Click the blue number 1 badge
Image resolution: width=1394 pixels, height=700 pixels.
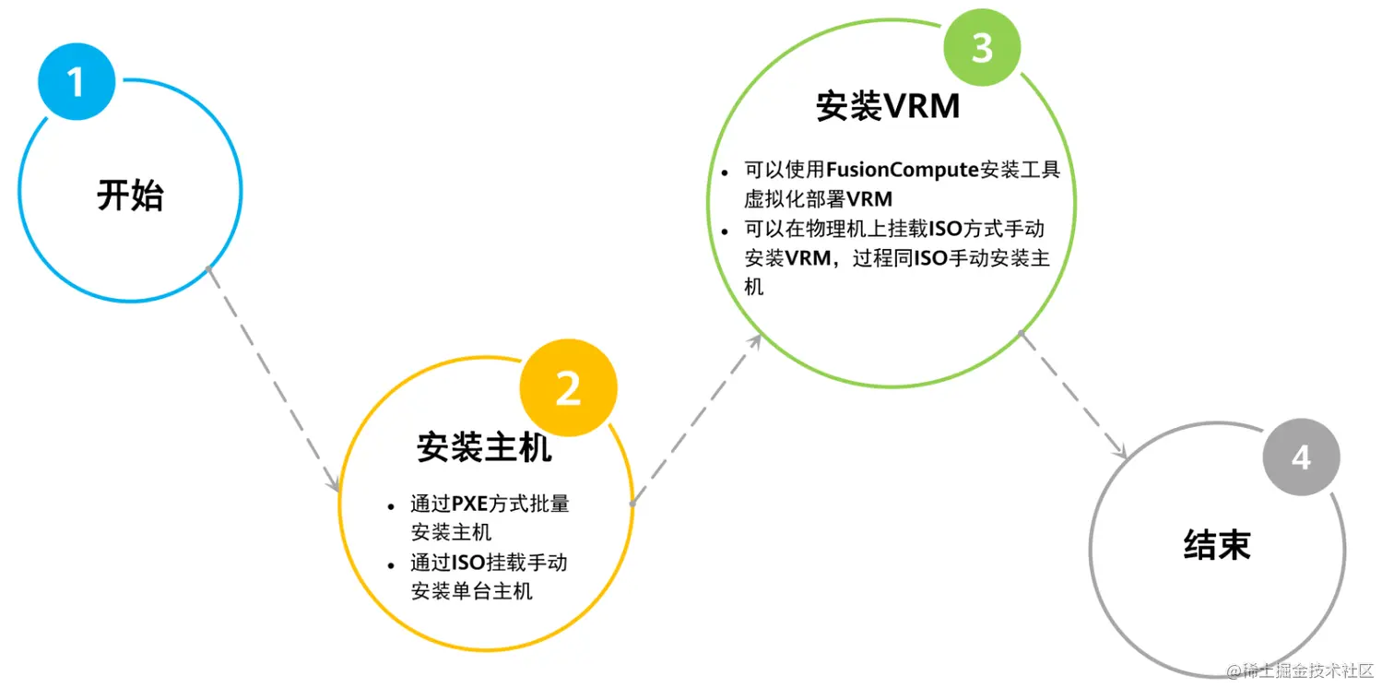pos(77,81)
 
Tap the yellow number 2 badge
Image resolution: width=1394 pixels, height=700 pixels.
pos(568,388)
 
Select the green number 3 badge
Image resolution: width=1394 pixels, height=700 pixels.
pos(982,47)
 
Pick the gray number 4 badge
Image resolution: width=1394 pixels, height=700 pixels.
pos(1300,457)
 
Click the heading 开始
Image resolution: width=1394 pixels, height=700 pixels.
pos(130,196)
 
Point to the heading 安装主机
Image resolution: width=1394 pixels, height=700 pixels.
pos(484,447)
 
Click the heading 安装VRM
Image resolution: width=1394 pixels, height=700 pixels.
pos(888,107)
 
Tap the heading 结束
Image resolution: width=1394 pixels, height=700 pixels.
pos(1217,544)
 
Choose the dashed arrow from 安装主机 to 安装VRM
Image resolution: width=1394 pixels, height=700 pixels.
pos(696,420)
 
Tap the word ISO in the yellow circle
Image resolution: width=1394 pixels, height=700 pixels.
pos(469,563)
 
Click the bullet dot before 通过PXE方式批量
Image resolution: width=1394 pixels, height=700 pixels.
pos(391,506)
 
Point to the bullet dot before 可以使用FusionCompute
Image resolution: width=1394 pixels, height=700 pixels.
pos(725,172)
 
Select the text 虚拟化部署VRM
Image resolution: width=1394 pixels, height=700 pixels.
pos(819,199)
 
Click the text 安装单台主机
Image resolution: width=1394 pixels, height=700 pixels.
pos(471,591)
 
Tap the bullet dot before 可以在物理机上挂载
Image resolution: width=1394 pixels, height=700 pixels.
pos(725,231)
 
